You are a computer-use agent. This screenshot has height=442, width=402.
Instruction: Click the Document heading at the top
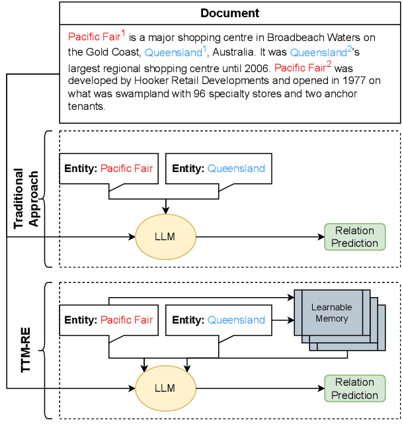230,13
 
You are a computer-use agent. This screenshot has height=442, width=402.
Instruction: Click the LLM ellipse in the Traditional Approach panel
165,236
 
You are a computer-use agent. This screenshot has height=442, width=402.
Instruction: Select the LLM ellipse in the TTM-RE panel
165,388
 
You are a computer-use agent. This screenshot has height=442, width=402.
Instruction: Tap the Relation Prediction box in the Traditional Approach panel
354,237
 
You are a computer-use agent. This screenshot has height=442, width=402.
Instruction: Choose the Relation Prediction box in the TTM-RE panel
354,389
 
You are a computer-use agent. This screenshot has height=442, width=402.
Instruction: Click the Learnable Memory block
332,313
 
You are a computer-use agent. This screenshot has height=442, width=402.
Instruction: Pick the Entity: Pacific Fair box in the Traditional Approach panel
108,169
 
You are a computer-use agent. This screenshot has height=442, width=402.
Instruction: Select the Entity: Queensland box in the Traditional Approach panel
219,169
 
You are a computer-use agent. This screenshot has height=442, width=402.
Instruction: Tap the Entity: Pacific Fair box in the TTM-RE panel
108,320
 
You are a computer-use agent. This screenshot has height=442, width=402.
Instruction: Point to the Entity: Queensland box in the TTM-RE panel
219,320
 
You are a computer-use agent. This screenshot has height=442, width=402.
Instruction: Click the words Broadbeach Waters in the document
308,37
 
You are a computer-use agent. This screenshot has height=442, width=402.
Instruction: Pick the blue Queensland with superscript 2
318,53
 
